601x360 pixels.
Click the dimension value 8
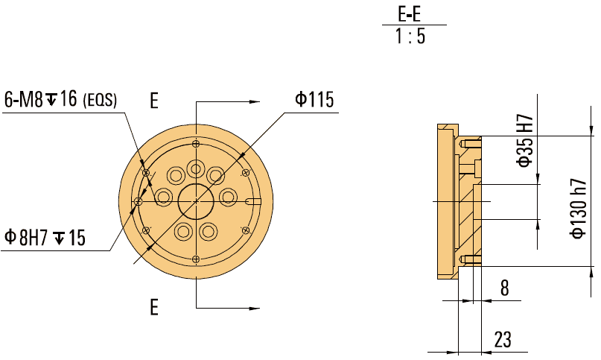click(504, 288)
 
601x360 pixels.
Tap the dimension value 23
click(503, 339)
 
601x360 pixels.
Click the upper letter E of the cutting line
click(154, 101)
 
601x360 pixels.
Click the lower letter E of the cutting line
click(154, 306)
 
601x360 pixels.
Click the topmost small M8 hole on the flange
click(196, 144)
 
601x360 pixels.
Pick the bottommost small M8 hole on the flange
click(196, 259)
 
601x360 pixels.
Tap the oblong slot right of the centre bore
click(252, 201)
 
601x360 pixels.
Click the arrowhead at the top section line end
click(255, 102)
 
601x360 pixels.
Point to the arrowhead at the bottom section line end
click(255, 306)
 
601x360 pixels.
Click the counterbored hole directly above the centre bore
click(196, 168)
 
